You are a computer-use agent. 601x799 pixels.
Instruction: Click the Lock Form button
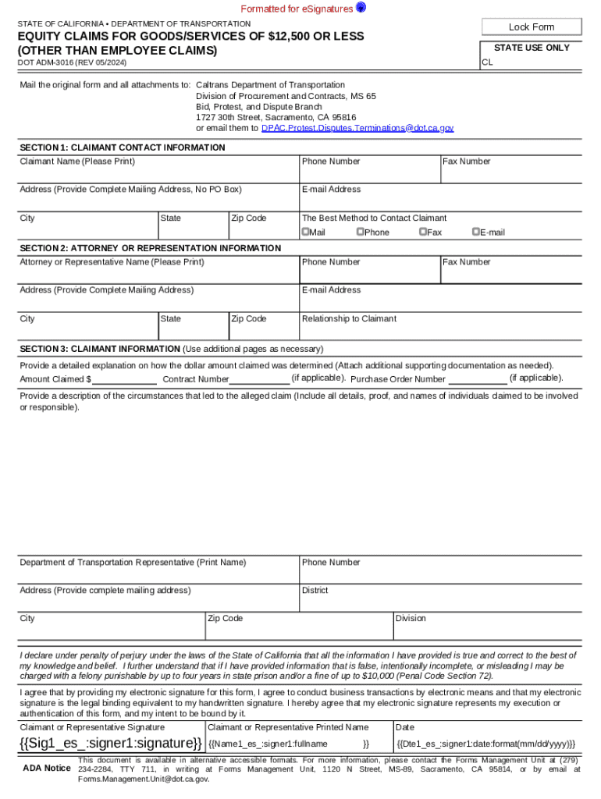coord(532,27)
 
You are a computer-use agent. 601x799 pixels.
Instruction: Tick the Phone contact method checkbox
coord(361,232)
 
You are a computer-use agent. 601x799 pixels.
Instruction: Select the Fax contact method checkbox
coord(422,232)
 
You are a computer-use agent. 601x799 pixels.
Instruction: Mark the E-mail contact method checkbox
coord(475,232)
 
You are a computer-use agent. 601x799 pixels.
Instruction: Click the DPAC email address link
coord(357,127)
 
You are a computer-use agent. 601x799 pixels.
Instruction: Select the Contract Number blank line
coord(259,380)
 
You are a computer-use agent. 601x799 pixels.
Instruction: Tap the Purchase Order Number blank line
coord(478,380)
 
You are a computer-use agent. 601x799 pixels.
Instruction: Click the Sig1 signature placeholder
coord(110,742)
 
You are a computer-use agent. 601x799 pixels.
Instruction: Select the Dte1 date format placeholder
coord(485,744)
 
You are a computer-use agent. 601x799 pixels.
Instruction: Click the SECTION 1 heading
coord(123,147)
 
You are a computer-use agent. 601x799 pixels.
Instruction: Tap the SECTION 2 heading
coord(150,248)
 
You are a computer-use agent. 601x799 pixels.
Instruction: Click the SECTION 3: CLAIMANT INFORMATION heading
coord(100,349)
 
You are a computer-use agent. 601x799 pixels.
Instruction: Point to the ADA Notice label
coord(46,769)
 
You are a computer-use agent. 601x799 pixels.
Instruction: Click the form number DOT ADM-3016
coord(73,62)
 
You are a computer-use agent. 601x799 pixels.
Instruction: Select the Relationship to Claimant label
coord(349,318)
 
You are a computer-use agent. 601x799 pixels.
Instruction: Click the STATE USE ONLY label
coord(532,48)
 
